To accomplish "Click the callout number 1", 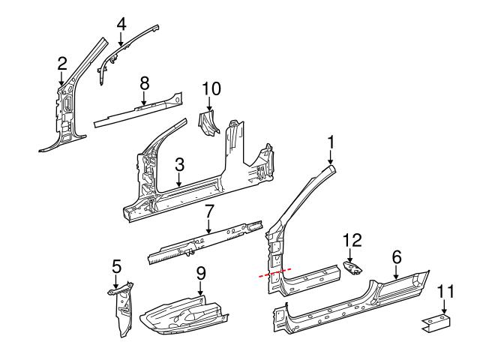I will tap(331, 141).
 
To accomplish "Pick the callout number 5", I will tap(116, 265).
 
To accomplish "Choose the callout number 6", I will tap(397, 258).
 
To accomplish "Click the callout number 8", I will tap(145, 82).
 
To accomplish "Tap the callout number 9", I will tap(201, 274).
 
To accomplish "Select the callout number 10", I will tap(211, 89).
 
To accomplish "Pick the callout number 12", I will tap(352, 240).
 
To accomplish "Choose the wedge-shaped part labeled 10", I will tap(208, 123).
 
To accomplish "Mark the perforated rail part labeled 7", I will tap(202, 241).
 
